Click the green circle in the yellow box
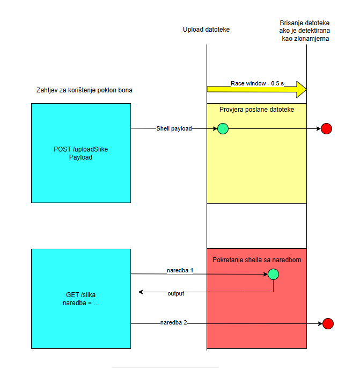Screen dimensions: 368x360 (222, 128)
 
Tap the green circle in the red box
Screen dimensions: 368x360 (274, 274)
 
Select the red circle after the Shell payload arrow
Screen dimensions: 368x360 (327, 128)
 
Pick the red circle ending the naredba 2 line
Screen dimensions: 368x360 (328, 323)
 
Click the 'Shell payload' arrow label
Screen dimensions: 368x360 (174, 129)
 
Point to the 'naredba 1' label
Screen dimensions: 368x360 (179, 270)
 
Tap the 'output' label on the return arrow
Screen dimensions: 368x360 (176, 293)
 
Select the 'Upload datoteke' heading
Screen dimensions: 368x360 (206, 30)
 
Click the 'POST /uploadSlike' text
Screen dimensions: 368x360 (81, 149)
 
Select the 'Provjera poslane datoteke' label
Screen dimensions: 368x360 (256, 110)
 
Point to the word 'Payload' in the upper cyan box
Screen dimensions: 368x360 (81, 157)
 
